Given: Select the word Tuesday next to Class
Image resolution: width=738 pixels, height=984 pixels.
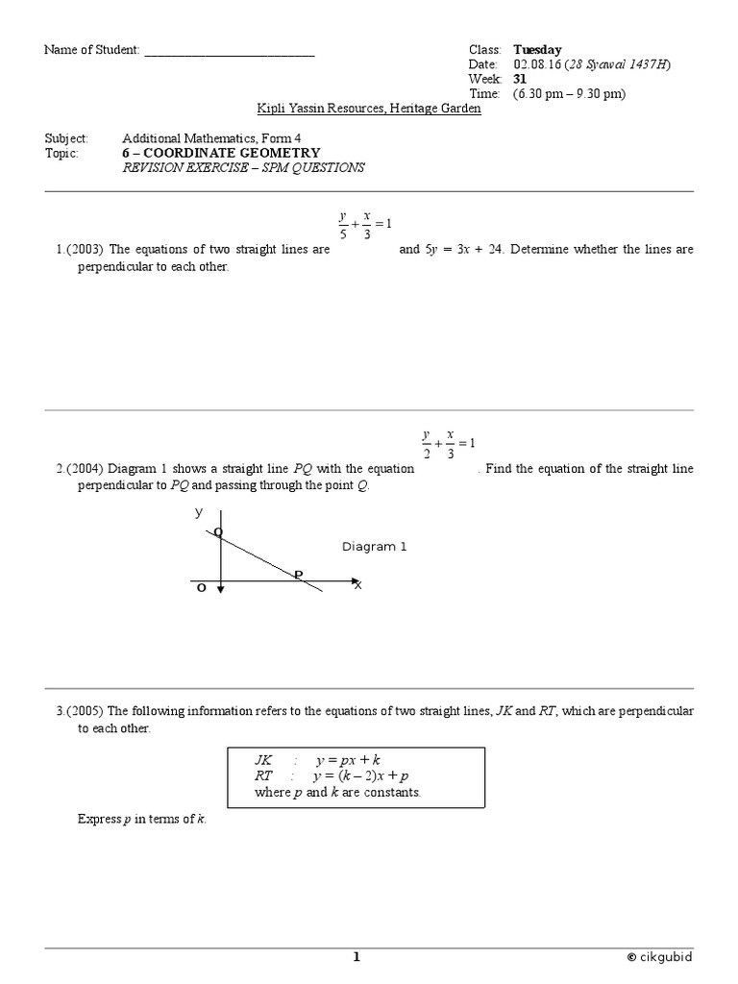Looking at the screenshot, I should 537,50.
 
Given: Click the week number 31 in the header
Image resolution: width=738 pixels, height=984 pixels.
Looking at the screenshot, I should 520,79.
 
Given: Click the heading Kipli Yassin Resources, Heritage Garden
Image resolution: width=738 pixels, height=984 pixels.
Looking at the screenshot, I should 368,109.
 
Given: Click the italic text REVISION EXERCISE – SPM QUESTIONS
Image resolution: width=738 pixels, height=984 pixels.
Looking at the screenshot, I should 243,167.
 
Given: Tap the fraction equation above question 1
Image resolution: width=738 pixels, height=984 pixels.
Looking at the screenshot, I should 363,228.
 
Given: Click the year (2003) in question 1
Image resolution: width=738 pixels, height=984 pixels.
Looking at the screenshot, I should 86,250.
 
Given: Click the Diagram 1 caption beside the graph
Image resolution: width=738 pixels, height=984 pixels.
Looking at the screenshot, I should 375,547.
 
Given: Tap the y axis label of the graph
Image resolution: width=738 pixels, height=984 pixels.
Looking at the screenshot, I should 199,513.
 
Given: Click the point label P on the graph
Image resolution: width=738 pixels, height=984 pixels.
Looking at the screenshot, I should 298,575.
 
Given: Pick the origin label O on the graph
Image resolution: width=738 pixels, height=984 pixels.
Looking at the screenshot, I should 201,588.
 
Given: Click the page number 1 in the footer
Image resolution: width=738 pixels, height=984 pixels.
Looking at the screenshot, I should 357,956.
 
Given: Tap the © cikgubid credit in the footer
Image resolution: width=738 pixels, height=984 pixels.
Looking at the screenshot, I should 658,956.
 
